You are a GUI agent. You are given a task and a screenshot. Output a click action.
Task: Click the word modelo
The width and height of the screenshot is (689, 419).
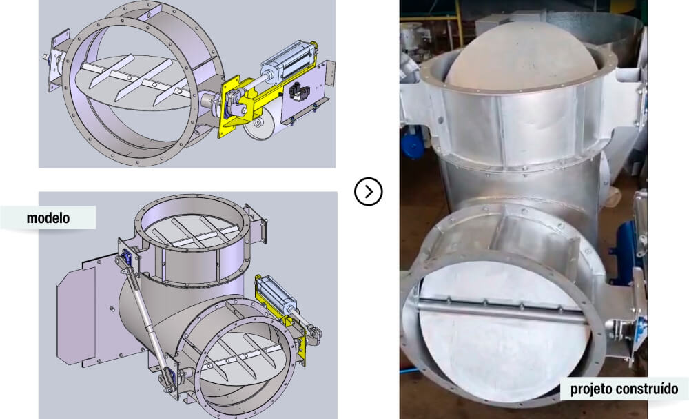coord(48,218)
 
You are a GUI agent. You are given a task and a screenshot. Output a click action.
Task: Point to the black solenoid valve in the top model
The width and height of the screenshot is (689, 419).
coord(299,90)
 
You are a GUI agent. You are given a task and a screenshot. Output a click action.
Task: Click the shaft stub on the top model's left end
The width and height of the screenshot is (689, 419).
coord(45,57)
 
